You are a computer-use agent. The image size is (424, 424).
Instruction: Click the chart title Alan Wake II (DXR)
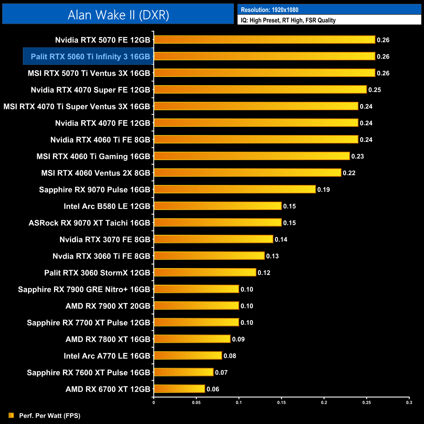click(x=118, y=15)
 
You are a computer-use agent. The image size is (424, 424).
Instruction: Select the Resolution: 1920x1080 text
click(x=269, y=10)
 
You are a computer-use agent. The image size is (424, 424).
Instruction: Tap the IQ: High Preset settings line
click(x=288, y=20)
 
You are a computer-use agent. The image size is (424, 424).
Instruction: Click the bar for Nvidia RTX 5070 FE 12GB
click(x=264, y=40)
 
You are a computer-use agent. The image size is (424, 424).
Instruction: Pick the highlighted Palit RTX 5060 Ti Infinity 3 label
click(x=90, y=56)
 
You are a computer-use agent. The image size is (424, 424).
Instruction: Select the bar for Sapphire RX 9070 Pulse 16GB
click(x=235, y=189)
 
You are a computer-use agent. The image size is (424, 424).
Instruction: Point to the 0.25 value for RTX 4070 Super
click(x=374, y=90)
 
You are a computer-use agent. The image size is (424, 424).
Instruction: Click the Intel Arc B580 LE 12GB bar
click(x=218, y=206)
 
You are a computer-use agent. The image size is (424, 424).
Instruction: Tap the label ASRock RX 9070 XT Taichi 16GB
click(x=89, y=223)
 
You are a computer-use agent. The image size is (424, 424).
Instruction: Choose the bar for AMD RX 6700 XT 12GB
click(x=179, y=389)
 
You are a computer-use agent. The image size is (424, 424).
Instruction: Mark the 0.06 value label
click(x=213, y=389)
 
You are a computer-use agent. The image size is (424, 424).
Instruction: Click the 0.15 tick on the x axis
click(x=281, y=402)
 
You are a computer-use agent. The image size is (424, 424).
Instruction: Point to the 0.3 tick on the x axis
click(x=409, y=402)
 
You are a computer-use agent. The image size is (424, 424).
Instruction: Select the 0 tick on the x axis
click(x=154, y=402)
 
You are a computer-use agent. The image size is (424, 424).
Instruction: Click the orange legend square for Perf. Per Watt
click(x=11, y=415)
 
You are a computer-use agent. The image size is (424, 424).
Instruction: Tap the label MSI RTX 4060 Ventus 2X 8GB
click(x=96, y=173)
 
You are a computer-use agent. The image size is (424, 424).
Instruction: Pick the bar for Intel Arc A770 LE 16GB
click(x=188, y=356)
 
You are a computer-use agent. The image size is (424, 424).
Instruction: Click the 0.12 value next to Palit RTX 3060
click(x=264, y=273)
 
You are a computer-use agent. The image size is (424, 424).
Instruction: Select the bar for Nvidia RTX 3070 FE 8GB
click(x=213, y=239)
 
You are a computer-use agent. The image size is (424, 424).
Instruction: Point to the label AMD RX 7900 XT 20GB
click(x=108, y=306)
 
